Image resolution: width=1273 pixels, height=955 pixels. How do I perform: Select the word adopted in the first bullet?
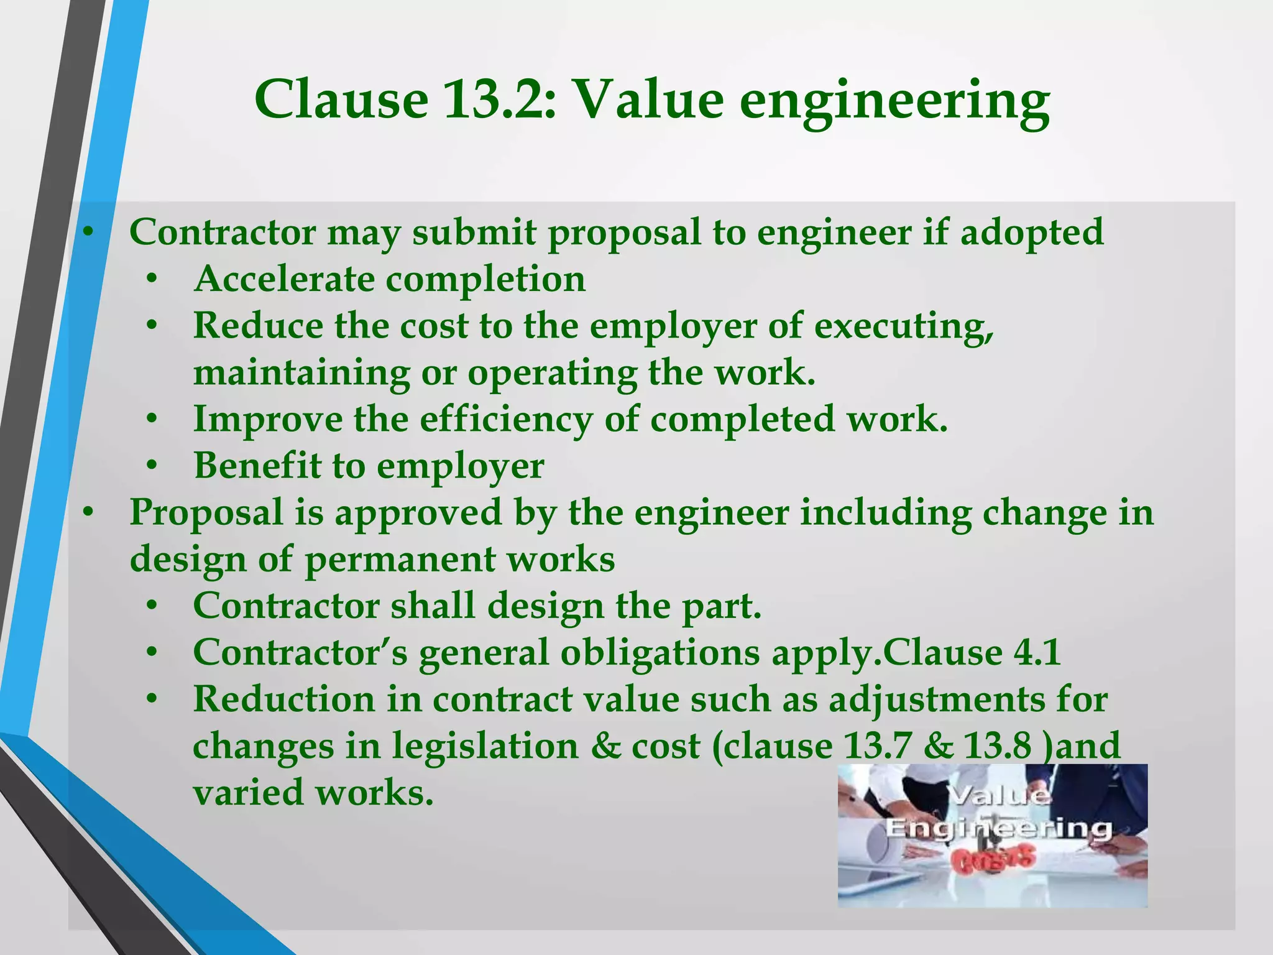[x=1031, y=234]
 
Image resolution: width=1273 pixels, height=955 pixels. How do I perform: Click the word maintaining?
[x=301, y=374]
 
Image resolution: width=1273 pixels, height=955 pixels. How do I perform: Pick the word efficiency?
[x=506, y=420]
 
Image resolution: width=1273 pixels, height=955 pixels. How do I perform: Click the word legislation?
[x=484, y=747]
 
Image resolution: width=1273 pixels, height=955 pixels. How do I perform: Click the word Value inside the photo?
[x=999, y=796]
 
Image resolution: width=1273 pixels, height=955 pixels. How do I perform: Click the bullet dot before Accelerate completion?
[x=152, y=279]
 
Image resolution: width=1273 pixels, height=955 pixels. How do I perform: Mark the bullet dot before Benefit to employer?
[x=152, y=466]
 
